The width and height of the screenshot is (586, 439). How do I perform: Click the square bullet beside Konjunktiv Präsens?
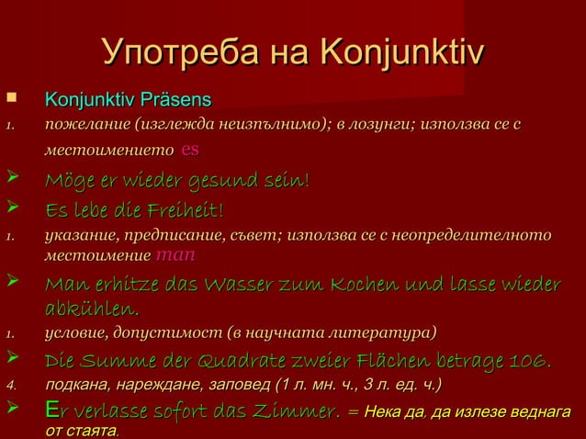pyautogui.click(x=10, y=97)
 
